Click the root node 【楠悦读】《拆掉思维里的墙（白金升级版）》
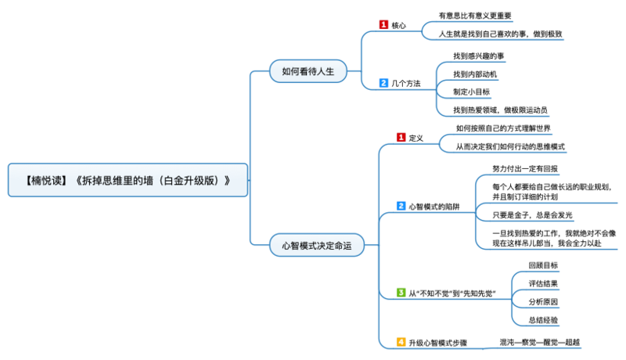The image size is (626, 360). (x=128, y=179)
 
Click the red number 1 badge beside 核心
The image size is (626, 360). (x=383, y=25)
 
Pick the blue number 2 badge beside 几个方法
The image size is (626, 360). (x=383, y=82)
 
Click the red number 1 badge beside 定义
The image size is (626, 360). (x=401, y=138)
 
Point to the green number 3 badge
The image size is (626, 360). (x=401, y=293)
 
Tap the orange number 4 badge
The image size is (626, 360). (x=401, y=342)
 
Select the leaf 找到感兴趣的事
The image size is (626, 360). (x=479, y=56)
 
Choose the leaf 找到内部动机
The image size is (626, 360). (x=475, y=74)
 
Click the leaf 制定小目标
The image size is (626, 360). (x=471, y=92)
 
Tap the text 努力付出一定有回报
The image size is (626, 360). (x=525, y=168)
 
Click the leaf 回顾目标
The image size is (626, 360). (x=543, y=265)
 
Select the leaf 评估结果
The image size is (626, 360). (x=543, y=283)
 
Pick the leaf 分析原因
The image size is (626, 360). (x=543, y=301)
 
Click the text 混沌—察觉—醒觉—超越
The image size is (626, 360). (x=540, y=342)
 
